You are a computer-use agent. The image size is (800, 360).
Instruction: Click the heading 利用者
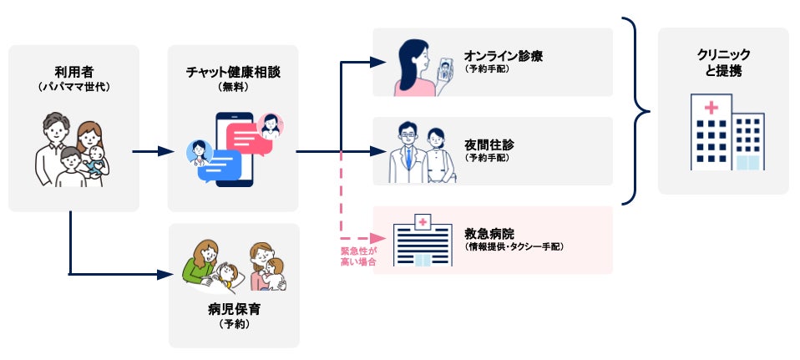73,71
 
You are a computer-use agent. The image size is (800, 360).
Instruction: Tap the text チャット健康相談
232,72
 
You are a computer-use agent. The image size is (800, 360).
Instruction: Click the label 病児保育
234,309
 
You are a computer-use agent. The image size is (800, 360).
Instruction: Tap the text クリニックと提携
723,63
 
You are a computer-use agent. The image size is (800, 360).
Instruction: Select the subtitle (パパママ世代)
73,86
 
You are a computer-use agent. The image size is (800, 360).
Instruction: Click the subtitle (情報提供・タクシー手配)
514,246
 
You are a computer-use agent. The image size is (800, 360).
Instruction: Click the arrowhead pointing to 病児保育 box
164,273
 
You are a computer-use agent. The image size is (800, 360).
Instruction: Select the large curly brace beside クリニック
638,111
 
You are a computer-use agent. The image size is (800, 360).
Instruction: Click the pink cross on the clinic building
711,108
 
